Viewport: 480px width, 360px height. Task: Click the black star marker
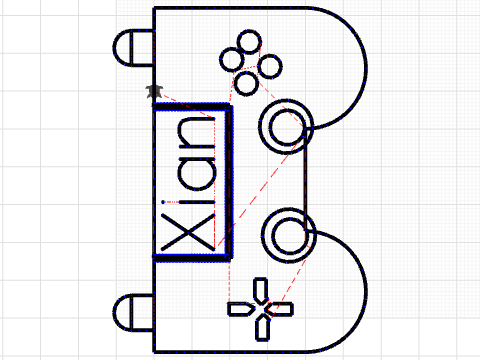click(x=153, y=92)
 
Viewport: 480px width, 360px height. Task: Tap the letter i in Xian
click(x=190, y=202)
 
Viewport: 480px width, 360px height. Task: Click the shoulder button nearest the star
click(x=135, y=47)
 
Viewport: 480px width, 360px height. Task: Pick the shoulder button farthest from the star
click(x=135, y=312)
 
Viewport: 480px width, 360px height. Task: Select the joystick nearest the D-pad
click(x=286, y=234)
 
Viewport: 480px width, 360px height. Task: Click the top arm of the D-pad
click(x=262, y=292)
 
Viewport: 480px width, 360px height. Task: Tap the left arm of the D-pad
click(x=243, y=310)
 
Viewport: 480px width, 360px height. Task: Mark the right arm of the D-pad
click(x=281, y=310)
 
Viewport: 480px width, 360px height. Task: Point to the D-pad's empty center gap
click(x=262, y=310)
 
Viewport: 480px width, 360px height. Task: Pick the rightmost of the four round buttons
click(x=268, y=66)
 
